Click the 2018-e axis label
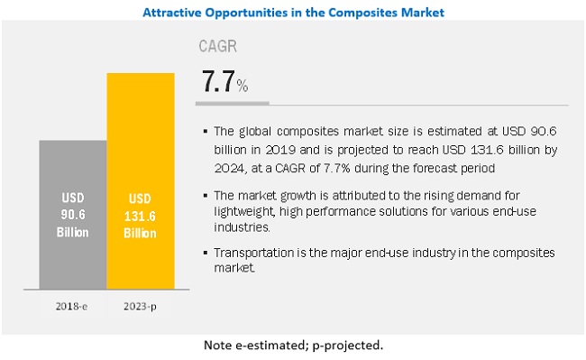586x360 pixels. [71, 306]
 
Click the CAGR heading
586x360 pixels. [216, 46]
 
